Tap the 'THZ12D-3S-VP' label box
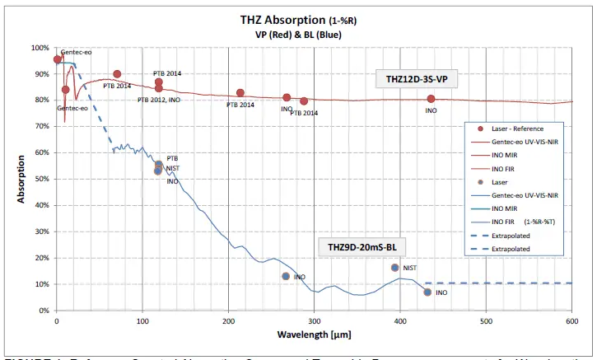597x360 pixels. [416, 80]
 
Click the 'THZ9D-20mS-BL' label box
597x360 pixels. [363, 247]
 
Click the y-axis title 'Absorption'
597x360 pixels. [22, 179]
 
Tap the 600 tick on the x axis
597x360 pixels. [571, 320]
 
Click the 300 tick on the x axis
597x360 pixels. [314, 320]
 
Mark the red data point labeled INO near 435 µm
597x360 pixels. [431, 99]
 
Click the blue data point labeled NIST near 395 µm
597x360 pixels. [395, 268]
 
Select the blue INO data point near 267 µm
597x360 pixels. [286, 276]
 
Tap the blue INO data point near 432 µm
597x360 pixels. [427, 292]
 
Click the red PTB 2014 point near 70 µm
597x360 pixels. [117, 74]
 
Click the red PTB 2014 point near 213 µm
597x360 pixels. [240, 93]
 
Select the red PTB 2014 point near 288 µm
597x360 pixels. [304, 101]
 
